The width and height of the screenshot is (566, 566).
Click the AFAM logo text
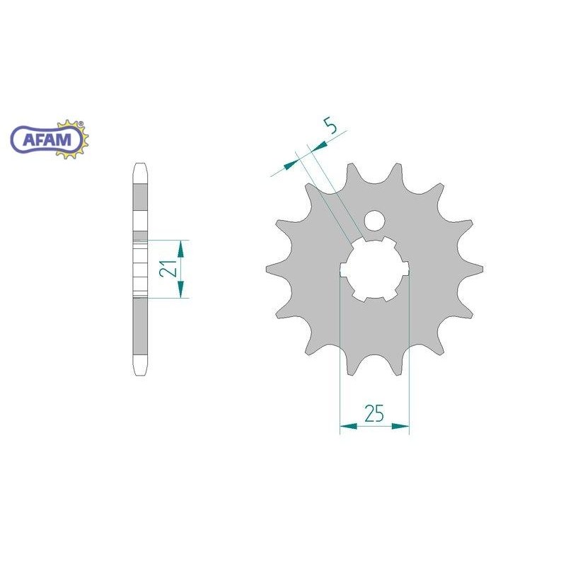(47, 139)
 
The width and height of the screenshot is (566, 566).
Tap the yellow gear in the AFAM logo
(74, 139)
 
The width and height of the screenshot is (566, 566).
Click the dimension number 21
(168, 268)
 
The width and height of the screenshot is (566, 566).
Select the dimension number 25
(374, 413)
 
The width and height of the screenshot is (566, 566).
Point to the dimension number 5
(330, 126)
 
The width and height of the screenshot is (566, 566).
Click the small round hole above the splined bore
(374, 221)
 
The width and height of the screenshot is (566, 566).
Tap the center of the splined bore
(374, 269)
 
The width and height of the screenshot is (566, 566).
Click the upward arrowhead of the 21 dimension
(180, 249)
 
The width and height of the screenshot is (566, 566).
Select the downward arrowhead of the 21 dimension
(180, 289)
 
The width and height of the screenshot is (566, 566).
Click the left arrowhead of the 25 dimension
(348, 427)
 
